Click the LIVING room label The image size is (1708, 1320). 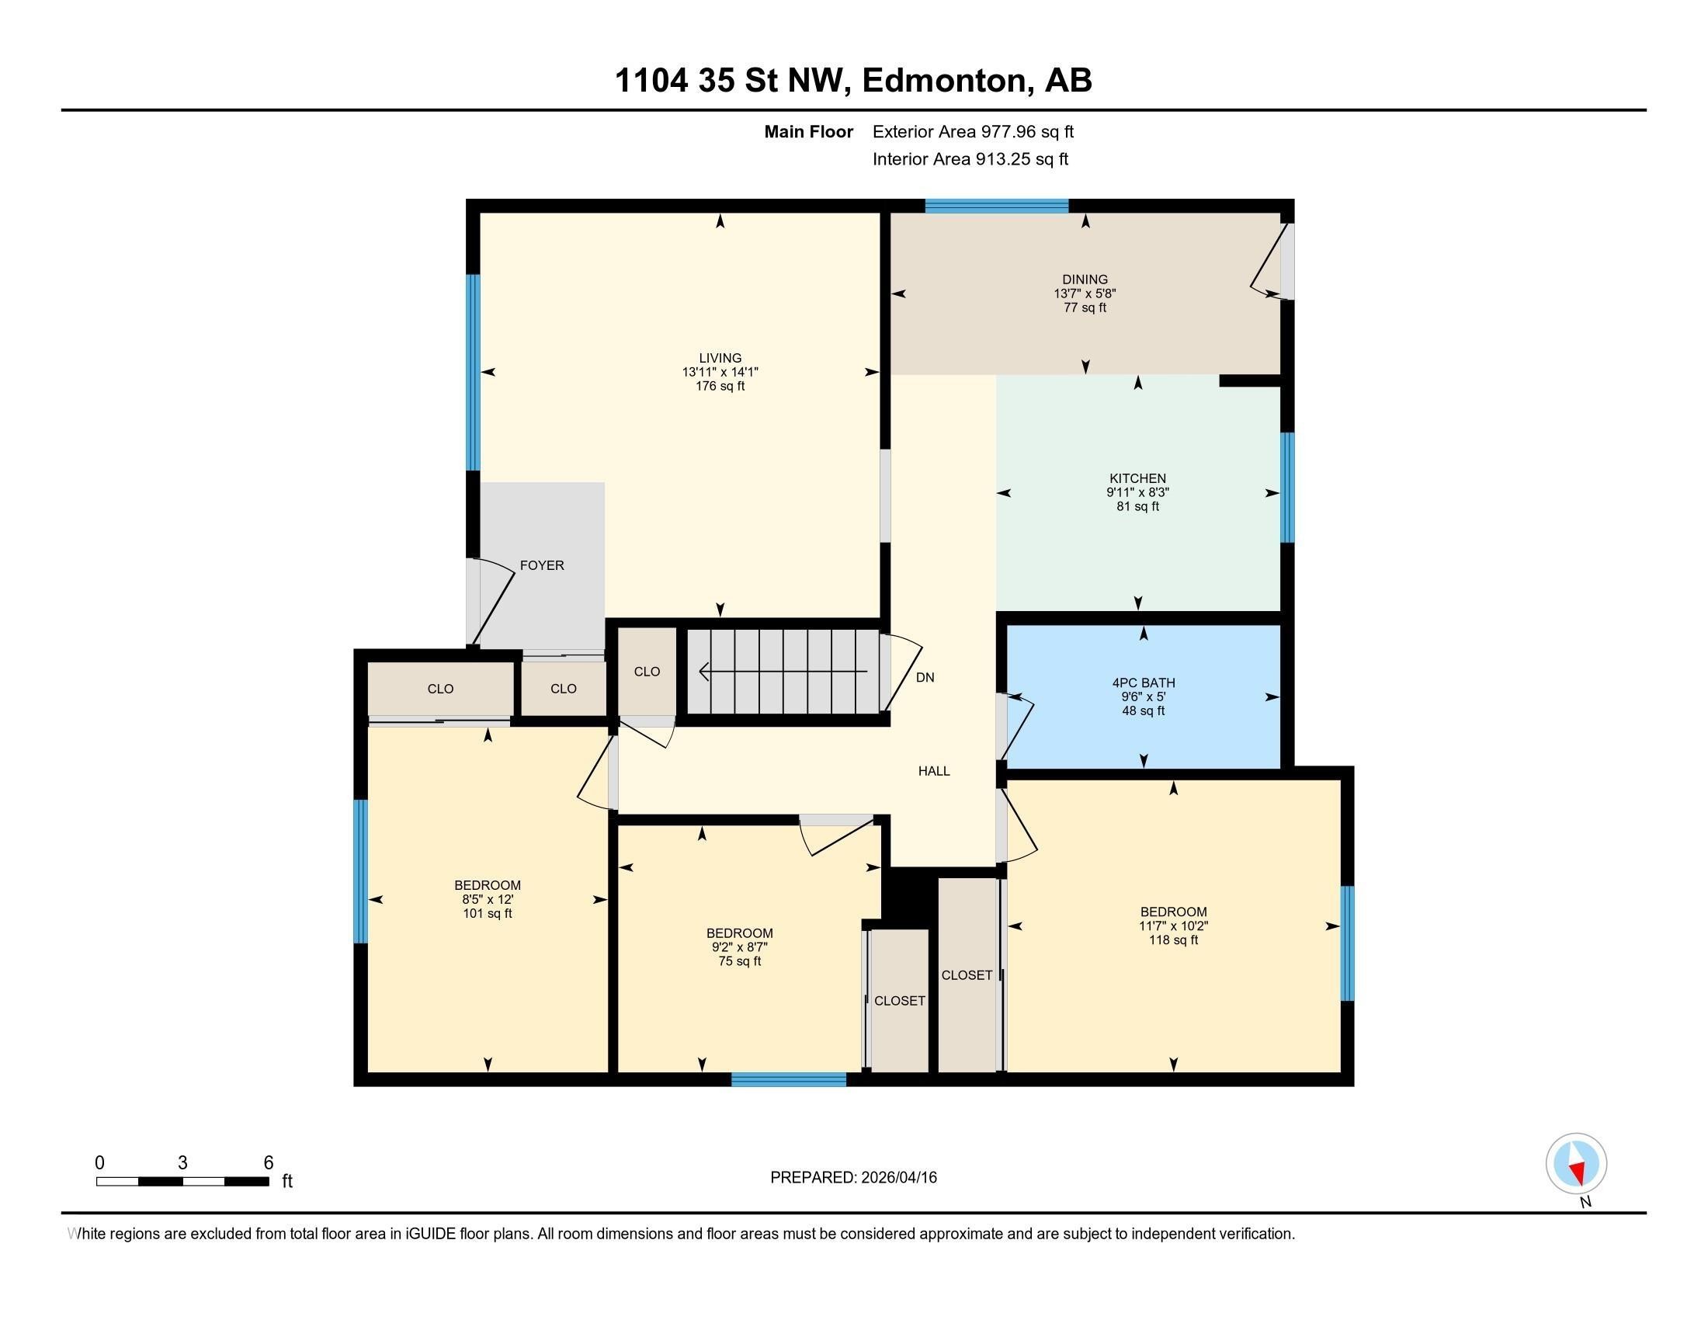pyautogui.click(x=720, y=358)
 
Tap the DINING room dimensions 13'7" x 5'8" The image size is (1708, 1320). pyautogui.click(x=1085, y=294)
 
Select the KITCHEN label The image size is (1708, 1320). pyautogui.click(x=1137, y=478)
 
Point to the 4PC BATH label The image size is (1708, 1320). pyautogui.click(x=1143, y=683)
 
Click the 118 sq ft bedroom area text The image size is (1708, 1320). pyautogui.click(x=1172, y=941)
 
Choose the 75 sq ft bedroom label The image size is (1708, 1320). pyautogui.click(x=739, y=933)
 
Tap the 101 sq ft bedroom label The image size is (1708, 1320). pyautogui.click(x=488, y=885)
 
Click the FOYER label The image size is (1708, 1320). pyautogui.click(x=541, y=565)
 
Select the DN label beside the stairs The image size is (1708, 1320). pyautogui.click(x=925, y=678)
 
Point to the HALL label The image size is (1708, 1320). pyautogui.click(x=934, y=771)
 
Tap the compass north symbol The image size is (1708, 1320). pyautogui.click(x=1576, y=1164)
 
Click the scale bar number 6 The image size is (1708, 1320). pyautogui.click(x=269, y=1163)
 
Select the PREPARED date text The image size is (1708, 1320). pyautogui.click(x=853, y=1178)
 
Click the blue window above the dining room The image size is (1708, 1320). pyautogui.click(x=996, y=207)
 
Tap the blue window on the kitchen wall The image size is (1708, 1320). pyautogui.click(x=1286, y=487)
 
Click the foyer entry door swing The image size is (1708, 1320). pyautogui.click(x=493, y=602)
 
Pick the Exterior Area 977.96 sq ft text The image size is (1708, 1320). pyautogui.click(x=973, y=132)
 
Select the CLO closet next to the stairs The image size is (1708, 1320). pyautogui.click(x=647, y=672)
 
